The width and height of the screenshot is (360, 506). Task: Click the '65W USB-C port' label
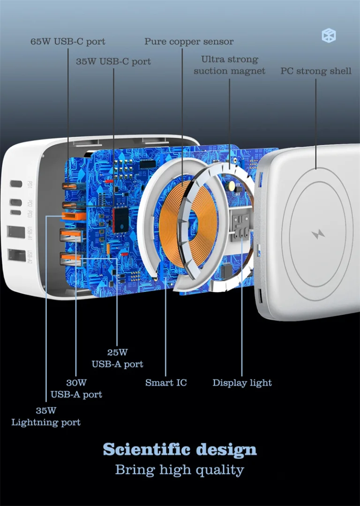pyautogui.click(x=68, y=42)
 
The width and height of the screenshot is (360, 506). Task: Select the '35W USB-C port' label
pyautogui.click(x=113, y=61)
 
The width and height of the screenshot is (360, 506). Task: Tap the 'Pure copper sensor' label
pyautogui.click(x=189, y=42)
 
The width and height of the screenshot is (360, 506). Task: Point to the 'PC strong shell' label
pyautogui.click(x=316, y=71)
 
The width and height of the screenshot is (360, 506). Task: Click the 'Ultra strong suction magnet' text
pyautogui.click(x=230, y=65)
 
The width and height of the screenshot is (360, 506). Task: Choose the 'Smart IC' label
pyautogui.click(x=166, y=382)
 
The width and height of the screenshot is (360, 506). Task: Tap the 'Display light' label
pyautogui.click(x=242, y=383)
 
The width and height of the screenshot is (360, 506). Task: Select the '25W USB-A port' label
pyautogui.click(x=117, y=358)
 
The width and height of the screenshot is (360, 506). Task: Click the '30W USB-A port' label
pyautogui.click(x=76, y=388)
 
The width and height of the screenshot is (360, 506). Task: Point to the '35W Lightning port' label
pyautogui.click(x=46, y=417)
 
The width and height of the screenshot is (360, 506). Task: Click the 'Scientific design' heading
pyautogui.click(x=180, y=449)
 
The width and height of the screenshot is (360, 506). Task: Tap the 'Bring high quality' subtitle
pyautogui.click(x=180, y=470)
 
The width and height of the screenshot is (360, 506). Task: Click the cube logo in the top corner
pyautogui.click(x=329, y=36)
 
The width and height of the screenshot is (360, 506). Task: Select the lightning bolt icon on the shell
pyautogui.click(x=318, y=234)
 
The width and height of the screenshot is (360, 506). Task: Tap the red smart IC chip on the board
pyautogui.click(x=121, y=220)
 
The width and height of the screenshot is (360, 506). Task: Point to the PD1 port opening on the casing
pyautogui.click(x=16, y=184)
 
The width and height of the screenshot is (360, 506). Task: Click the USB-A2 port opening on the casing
pyautogui.click(x=17, y=255)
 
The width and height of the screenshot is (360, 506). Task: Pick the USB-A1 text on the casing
pyautogui.click(x=30, y=233)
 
